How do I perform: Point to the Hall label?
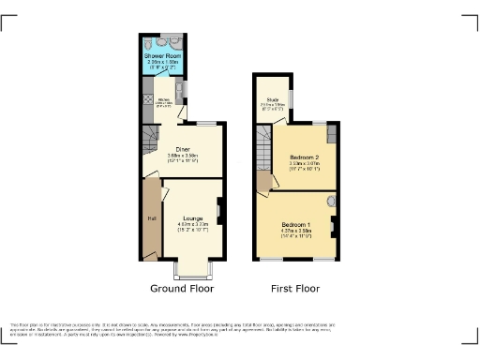[149, 219]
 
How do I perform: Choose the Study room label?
[271, 97]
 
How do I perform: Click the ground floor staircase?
[151, 141]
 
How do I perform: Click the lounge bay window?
[195, 270]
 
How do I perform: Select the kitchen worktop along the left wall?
[146, 98]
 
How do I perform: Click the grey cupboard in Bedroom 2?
[320, 131]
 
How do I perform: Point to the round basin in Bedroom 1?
[329, 201]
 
